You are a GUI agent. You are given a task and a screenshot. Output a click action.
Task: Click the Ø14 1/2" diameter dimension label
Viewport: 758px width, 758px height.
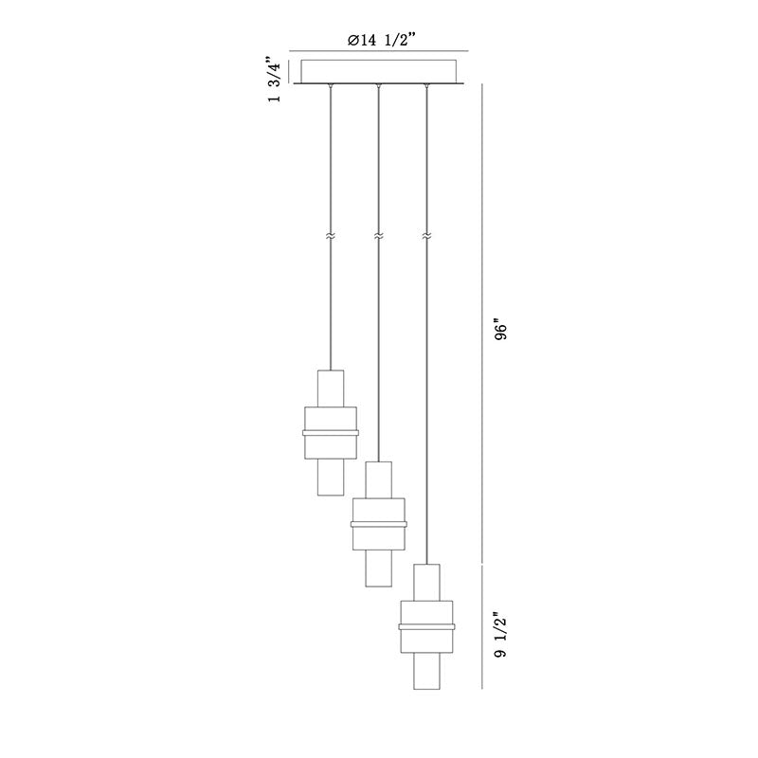click(x=382, y=40)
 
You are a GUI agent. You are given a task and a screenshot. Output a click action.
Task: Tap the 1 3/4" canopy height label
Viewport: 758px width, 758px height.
click(x=274, y=79)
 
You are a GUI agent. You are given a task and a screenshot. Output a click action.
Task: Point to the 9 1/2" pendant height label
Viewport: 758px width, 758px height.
click(x=501, y=636)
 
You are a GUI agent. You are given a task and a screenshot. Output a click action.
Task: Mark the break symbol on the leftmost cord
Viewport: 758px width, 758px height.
click(x=330, y=236)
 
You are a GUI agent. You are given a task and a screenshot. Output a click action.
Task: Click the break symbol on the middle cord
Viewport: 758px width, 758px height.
click(x=378, y=236)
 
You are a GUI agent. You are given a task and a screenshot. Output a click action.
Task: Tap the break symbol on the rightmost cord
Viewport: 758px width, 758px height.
click(x=426, y=236)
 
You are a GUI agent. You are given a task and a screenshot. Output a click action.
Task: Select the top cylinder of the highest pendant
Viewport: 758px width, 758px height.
click(x=331, y=388)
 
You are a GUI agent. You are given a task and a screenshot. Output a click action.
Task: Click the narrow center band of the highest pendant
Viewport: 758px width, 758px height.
click(x=331, y=433)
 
